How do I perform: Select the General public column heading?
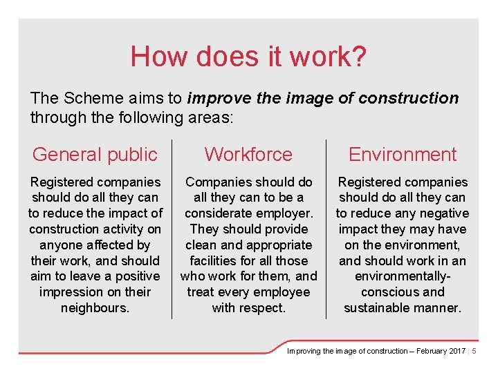(x=95, y=155)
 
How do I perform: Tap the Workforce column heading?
(x=248, y=155)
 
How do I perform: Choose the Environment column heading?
(x=403, y=155)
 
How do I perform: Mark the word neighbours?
(x=95, y=307)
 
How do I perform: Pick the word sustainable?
(x=379, y=307)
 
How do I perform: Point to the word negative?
(x=445, y=213)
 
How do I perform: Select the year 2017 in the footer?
(x=457, y=351)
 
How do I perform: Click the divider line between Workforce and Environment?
(x=326, y=229)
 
